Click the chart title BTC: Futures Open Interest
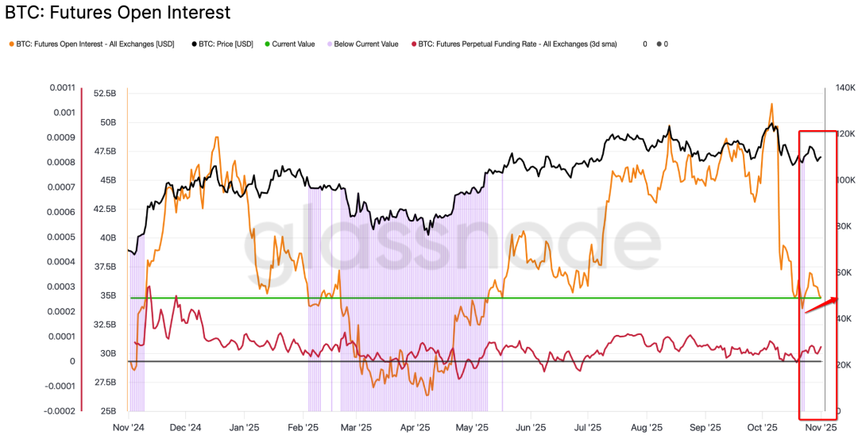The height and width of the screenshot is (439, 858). click(x=118, y=13)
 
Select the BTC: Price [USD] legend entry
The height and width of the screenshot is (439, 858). click(x=226, y=44)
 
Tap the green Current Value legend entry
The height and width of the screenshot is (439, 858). click(x=293, y=44)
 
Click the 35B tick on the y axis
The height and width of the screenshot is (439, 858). click(x=107, y=295)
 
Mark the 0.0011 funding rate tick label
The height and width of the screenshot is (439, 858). click(x=61, y=87)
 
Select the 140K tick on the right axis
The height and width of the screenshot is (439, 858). click(x=843, y=87)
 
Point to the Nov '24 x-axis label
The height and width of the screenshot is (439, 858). click(x=128, y=426)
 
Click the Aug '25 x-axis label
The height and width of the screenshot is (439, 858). click(x=646, y=426)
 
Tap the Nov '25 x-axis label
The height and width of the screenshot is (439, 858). click(x=821, y=426)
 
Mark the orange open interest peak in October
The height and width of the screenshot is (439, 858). click(x=771, y=104)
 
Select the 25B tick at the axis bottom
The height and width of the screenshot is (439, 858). click(x=107, y=411)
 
